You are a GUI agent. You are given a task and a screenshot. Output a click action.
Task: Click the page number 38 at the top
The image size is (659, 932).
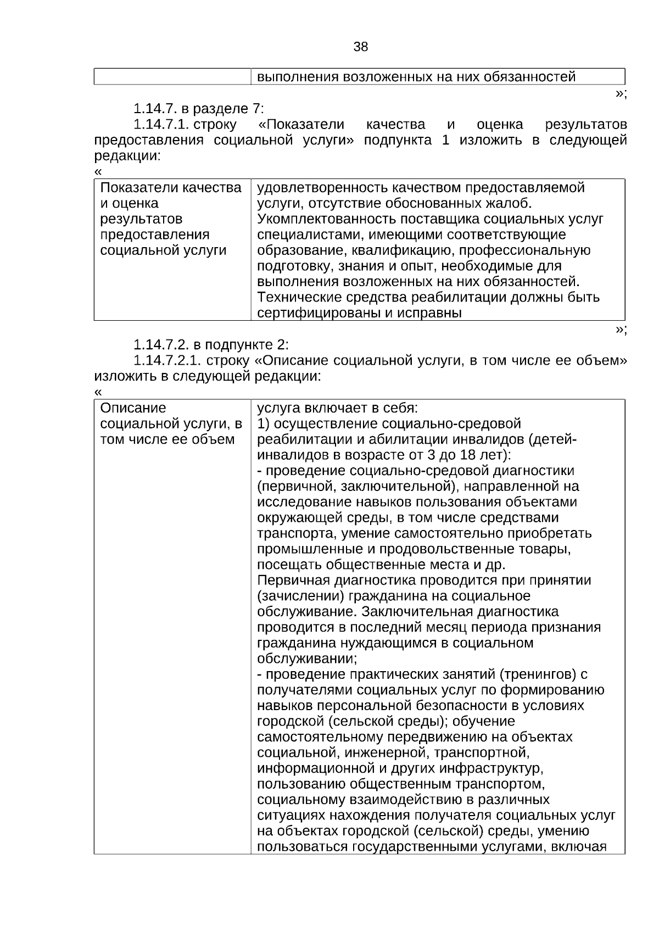coord(361,47)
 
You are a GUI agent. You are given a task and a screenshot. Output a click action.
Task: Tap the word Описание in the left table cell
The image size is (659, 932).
coord(133,408)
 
